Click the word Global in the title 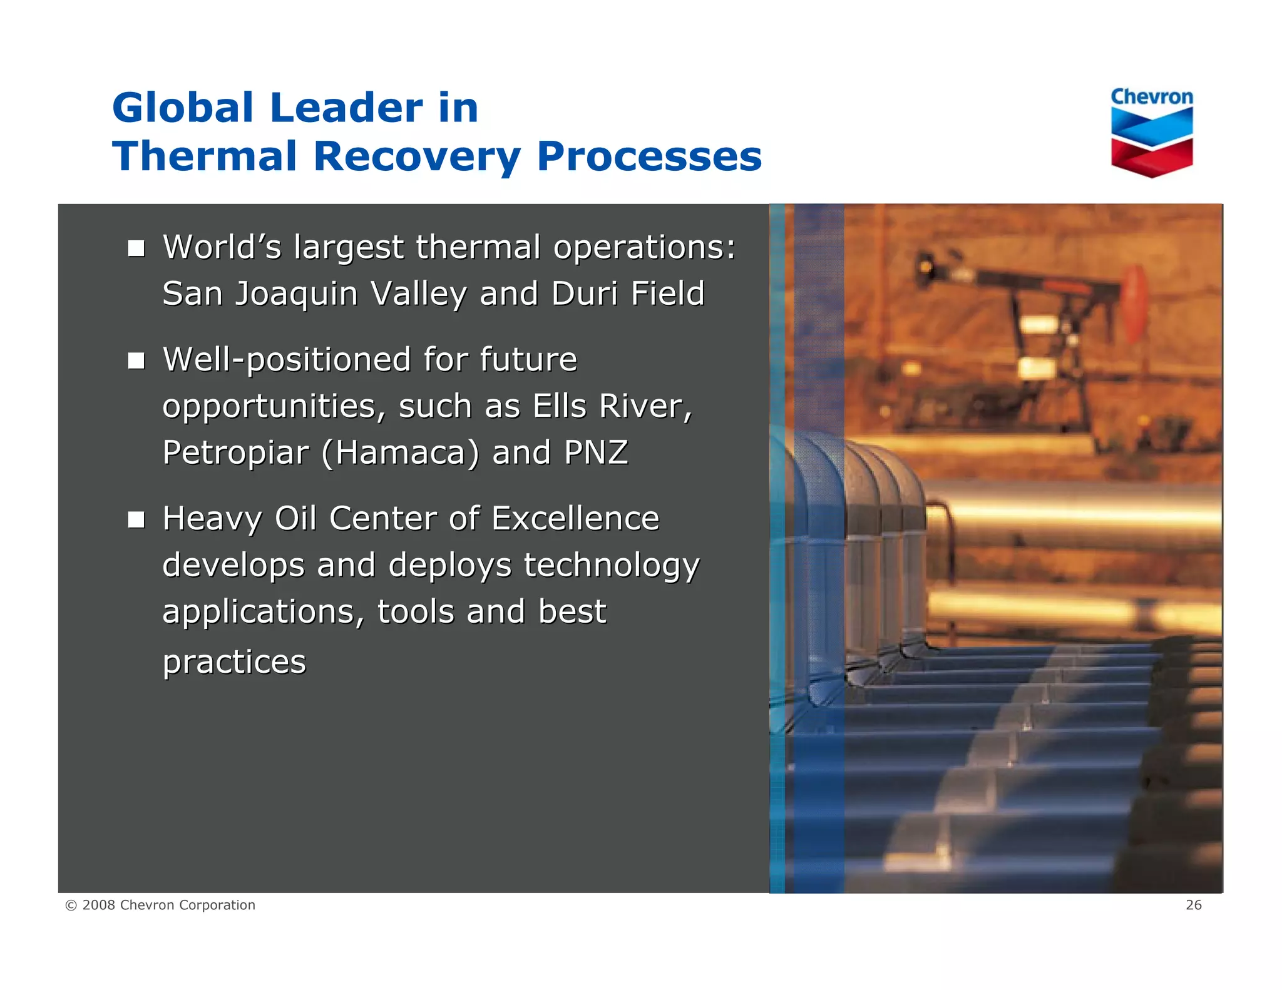pyautogui.click(x=183, y=108)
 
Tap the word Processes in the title pyautogui.click(x=649, y=156)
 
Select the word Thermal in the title pyautogui.click(x=204, y=156)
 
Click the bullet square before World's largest pyautogui.click(x=136, y=249)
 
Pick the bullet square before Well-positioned pyautogui.click(x=136, y=361)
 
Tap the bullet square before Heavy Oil pyautogui.click(x=136, y=520)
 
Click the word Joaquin pyautogui.click(x=295, y=294)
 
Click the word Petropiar pyautogui.click(x=235, y=453)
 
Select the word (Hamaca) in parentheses pyautogui.click(x=401, y=453)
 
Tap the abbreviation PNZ pyautogui.click(x=595, y=452)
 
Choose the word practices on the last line pyautogui.click(x=234, y=662)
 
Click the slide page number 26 pyautogui.click(x=1193, y=905)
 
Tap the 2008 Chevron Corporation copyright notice pyautogui.click(x=160, y=905)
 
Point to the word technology pyautogui.click(x=611, y=566)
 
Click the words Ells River pyautogui.click(x=612, y=407)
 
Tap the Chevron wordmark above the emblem pyautogui.click(x=1151, y=97)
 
